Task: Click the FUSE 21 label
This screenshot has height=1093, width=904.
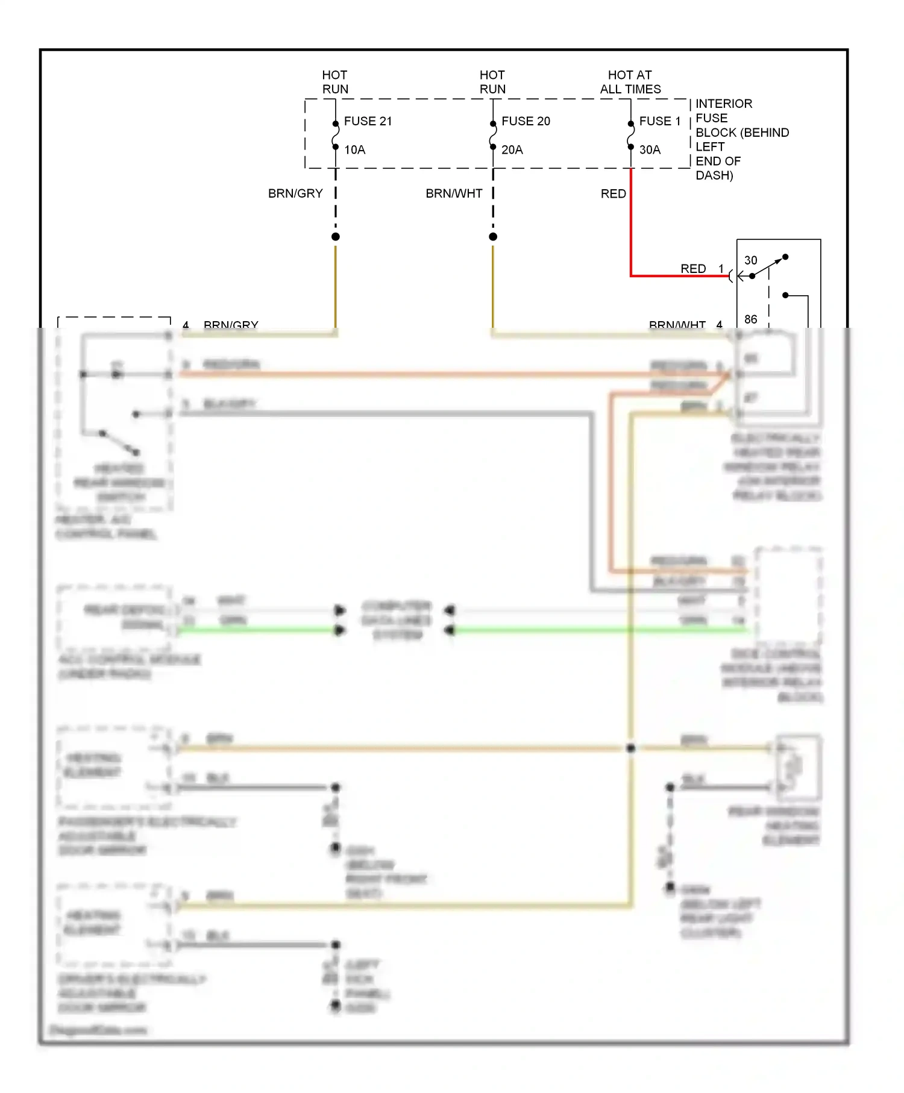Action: pyautogui.click(x=368, y=121)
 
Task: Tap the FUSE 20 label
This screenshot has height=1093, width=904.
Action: pyautogui.click(x=526, y=121)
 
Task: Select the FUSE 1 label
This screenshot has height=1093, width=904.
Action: pyautogui.click(x=659, y=121)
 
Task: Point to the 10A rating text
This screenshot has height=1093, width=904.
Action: pyautogui.click(x=354, y=149)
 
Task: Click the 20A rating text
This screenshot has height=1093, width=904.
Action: pyautogui.click(x=512, y=149)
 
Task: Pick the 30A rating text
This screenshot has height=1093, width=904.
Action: pyautogui.click(x=650, y=149)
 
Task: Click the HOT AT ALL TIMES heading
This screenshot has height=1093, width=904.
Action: pyautogui.click(x=630, y=82)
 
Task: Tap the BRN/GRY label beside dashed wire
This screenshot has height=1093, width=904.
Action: pyautogui.click(x=295, y=193)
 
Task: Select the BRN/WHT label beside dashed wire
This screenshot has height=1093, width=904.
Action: pyautogui.click(x=454, y=193)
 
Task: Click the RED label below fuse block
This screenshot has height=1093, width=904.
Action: pyautogui.click(x=613, y=193)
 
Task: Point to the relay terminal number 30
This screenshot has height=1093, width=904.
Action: pyautogui.click(x=750, y=260)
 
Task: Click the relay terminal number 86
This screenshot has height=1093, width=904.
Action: pyautogui.click(x=750, y=319)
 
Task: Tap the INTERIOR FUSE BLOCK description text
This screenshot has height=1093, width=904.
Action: pyautogui.click(x=741, y=139)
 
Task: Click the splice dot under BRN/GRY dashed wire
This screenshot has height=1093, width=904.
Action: pyautogui.click(x=336, y=237)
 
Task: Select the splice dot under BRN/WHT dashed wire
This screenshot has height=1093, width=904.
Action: pyautogui.click(x=493, y=237)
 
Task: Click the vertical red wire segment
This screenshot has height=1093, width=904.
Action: pyautogui.click(x=631, y=223)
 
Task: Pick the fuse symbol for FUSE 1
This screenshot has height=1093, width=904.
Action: pyautogui.click(x=631, y=135)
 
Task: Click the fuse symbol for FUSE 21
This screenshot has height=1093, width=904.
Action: pyautogui.click(x=336, y=135)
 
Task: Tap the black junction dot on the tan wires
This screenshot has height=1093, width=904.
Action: pyautogui.click(x=630, y=748)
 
